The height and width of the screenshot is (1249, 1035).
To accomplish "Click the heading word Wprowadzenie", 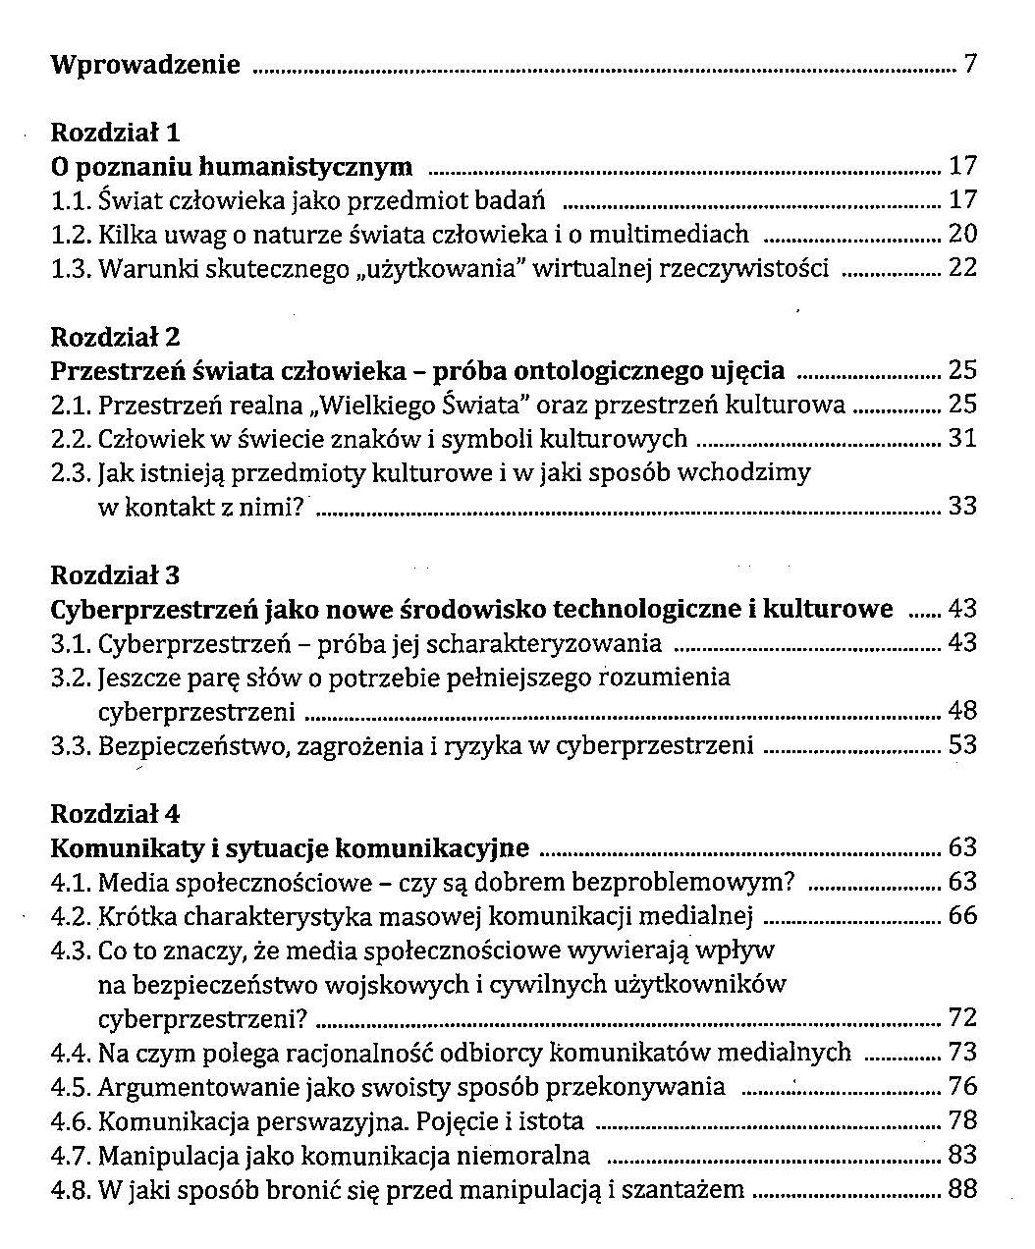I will [145, 66].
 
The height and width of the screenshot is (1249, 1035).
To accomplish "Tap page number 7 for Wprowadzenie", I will [970, 66].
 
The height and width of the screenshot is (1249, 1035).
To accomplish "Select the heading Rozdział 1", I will [115, 132].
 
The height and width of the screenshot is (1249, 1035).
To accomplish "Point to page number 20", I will [962, 234].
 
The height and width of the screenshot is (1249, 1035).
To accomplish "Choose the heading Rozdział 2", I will [115, 337].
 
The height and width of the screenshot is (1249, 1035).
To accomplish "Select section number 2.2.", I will [71, 439].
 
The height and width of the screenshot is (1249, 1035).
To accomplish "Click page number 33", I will [962, 507].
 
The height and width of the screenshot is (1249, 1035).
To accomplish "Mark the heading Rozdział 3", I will [115, 575].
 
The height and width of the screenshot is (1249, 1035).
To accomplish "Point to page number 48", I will [962, 711].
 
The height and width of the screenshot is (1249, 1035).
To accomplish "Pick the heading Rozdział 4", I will [115, 814].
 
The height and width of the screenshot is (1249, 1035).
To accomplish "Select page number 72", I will [962, 1018].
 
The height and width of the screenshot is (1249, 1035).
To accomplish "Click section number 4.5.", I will [71, 1087].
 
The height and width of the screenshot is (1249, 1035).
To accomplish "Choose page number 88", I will [962, 1190].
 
